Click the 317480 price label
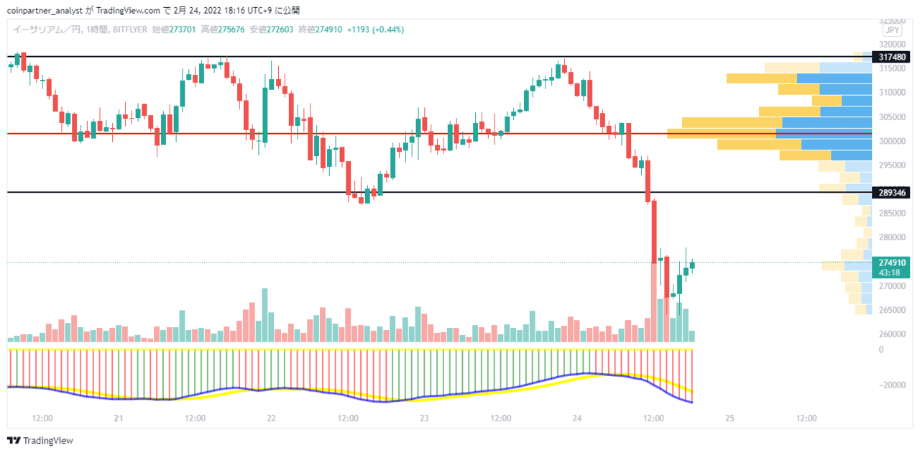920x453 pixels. [891, 57]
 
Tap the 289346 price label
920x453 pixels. [891, 193]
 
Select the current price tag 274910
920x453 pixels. [892, 262]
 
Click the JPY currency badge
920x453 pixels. [892, 30]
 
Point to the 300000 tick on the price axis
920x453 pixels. [892, 142]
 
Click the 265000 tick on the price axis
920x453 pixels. [892, 310]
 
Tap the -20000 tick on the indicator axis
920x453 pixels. [892, 385]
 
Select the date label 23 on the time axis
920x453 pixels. [424, 418]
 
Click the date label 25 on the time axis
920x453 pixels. [730, 418]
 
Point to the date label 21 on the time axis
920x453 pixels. [119, 418]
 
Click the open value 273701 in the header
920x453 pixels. [183, 29]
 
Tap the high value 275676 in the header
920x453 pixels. [231, 29]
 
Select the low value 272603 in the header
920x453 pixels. [280, 29]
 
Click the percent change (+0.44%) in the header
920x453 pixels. [388, 29]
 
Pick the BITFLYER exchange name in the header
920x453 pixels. [130, 29]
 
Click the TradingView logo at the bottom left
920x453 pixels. [40, 441]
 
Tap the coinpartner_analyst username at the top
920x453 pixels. [45, 11]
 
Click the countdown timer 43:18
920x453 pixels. [890, 273]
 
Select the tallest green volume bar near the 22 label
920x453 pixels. [265, 315]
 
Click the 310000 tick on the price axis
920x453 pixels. [892, 93]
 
